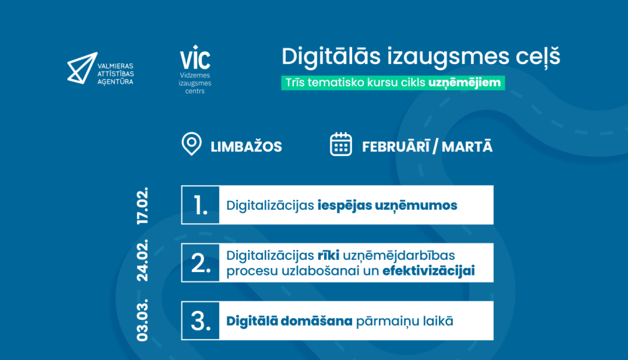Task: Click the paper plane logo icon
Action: point(82,68)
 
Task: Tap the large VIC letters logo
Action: point(195,57)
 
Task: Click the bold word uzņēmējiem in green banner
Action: point(465,83)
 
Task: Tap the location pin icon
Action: point(191,144)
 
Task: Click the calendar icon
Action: point(341,144)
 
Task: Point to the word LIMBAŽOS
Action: point(246,147)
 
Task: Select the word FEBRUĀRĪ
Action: point(396,147)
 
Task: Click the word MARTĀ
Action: point(467,147)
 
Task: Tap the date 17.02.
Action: point(142,206)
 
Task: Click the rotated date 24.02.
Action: point(142,260)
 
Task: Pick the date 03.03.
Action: point(142,320)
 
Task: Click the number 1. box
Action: point(201,205)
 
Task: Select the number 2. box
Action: point(201,263)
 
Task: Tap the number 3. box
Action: point(201,321)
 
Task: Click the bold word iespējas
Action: point(345,206)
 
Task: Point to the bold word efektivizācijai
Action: point(428,271)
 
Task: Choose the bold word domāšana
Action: point(316,321)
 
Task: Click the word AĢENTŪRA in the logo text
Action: point(115,82)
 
